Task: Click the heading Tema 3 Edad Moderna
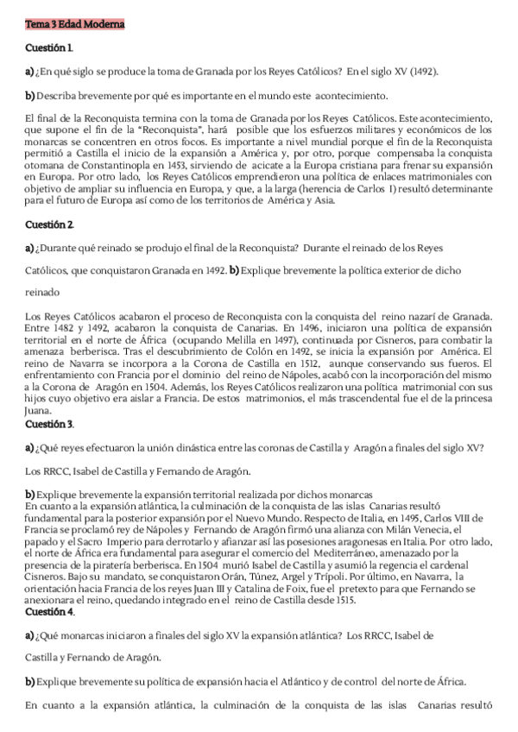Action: coord(75,24)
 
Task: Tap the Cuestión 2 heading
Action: coord(49,224)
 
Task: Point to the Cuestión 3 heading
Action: coord(49,424)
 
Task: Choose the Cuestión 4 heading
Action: coord(49,612)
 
